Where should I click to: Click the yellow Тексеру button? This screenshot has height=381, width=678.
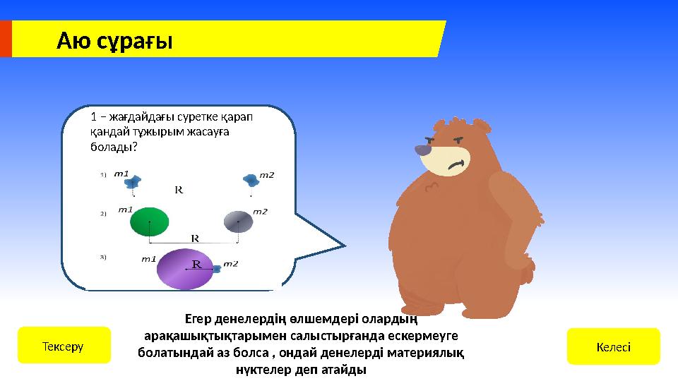pyautogui.click(x=64, y=345)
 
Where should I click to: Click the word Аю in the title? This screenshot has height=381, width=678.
pyautogui.click(x=73, y=41)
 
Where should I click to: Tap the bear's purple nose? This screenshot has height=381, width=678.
pyautogui.click(x=423, y=150)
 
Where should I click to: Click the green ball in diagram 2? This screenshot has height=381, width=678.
pyautogui.click(x=150, y=222)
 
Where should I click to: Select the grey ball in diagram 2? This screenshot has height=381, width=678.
pyautogui.click(x=238, y=222)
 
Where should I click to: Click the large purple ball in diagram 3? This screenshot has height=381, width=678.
pyautogui.click(x=184, y=268)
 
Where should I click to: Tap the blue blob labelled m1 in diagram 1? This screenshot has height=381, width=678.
pyautogui.click(x=131, y=183)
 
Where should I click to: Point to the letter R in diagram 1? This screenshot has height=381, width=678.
pyautogui.click(x=179, y=190)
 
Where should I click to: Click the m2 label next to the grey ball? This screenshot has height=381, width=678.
pyautogui.click(x=260, y=211)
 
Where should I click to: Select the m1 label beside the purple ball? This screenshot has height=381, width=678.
pyautogui.click(x=148, y=259)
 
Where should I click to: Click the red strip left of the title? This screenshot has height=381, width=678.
pyautogui.click(x=6, y=38)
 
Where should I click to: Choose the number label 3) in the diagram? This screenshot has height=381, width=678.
pyautogui.click(x=103, y=257)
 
